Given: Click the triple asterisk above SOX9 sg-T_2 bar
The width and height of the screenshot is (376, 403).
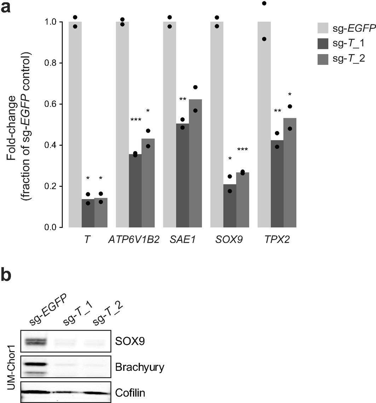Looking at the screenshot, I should coord(243,150).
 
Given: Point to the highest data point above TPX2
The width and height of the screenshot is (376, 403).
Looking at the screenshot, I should coord(264,4).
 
